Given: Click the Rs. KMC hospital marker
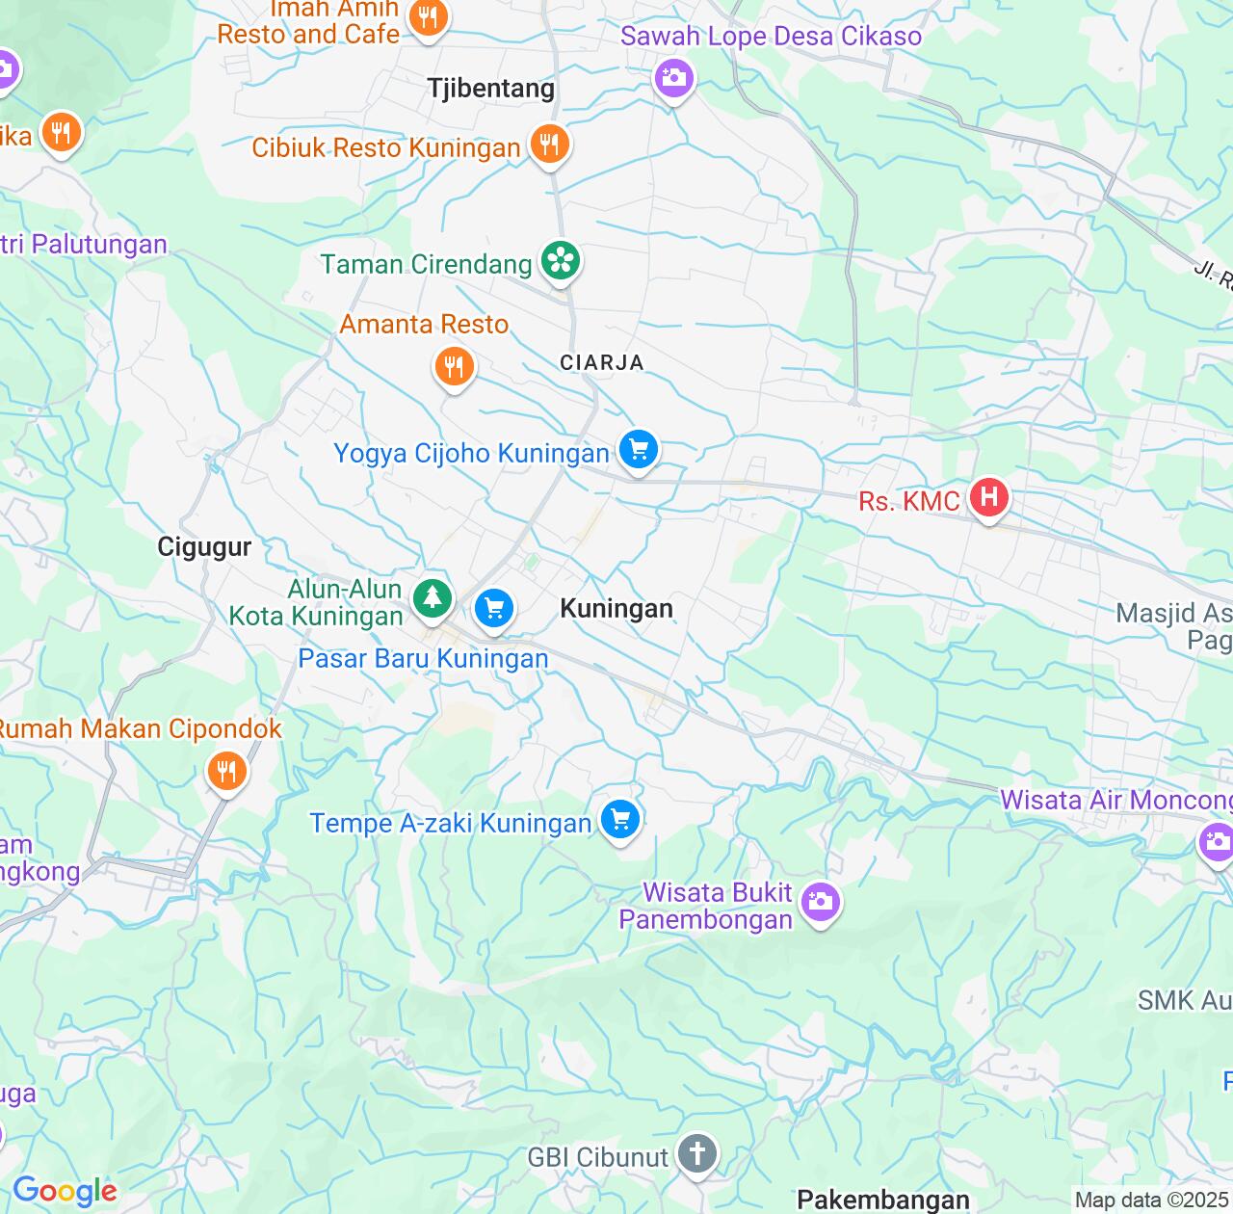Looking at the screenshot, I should click(x=988, y=498).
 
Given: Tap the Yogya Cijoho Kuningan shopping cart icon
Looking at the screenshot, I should click(x=638, y=449).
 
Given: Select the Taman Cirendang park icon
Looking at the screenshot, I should click(x=560, y=261).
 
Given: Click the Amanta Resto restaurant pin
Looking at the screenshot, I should click(x=453, y=367).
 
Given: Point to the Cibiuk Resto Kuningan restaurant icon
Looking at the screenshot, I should click(x=549, y=145).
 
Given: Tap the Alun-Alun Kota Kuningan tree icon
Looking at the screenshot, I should click(x=433, y=598).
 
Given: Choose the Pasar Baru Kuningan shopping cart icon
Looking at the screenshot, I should click(x=494, y=609).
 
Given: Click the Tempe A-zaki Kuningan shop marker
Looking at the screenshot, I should click(x=620, y=820).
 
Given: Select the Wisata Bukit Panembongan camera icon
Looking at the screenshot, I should click(x=820, y=902).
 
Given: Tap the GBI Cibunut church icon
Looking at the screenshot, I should click(x=697, y=1153).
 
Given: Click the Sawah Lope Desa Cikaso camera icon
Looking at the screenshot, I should click(x=673, y=77).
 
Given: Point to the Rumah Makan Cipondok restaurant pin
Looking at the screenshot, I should click(x=226, y=771).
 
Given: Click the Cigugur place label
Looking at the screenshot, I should click(x=204, y=547).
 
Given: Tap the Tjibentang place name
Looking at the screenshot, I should click(x=491, y=89).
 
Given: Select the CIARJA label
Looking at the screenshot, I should click(x=602, y=362).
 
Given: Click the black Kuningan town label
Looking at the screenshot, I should click(x=616, y=609).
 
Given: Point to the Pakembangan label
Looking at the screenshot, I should click(x=883, y=1200).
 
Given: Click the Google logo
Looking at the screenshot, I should click(x=65, y=1191).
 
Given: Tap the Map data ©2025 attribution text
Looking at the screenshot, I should click(x=1152, y=1201).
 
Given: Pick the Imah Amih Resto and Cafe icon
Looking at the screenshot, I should click(x=428, y=17).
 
